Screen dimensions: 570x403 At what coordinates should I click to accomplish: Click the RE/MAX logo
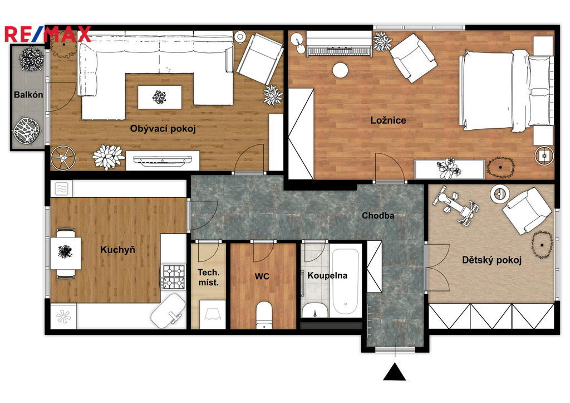coord(48,34)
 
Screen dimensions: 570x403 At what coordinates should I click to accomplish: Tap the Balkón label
coord(28,95)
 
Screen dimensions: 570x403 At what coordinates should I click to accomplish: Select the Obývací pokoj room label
coord(163,129)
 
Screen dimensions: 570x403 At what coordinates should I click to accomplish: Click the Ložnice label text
coord(388,120)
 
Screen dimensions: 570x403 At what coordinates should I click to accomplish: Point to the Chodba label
coord(378,216)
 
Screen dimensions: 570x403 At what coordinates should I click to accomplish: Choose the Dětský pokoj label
coord(492,260)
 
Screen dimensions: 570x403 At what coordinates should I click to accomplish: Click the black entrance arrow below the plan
coord(395,372)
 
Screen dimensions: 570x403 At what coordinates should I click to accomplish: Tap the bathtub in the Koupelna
coord(345,281)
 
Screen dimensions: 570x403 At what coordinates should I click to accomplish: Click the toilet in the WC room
coord(264,314)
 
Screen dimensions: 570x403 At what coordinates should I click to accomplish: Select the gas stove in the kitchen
coord(174,277)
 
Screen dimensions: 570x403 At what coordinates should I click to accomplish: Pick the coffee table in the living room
coord(160,97)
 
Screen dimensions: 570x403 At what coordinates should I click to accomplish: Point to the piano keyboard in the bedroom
coord(339,43)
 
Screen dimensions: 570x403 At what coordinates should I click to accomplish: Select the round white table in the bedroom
coord(341,70)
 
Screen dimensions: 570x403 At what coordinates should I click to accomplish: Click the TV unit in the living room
coord(163,161)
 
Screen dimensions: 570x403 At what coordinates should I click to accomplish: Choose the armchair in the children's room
coord(525,210)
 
